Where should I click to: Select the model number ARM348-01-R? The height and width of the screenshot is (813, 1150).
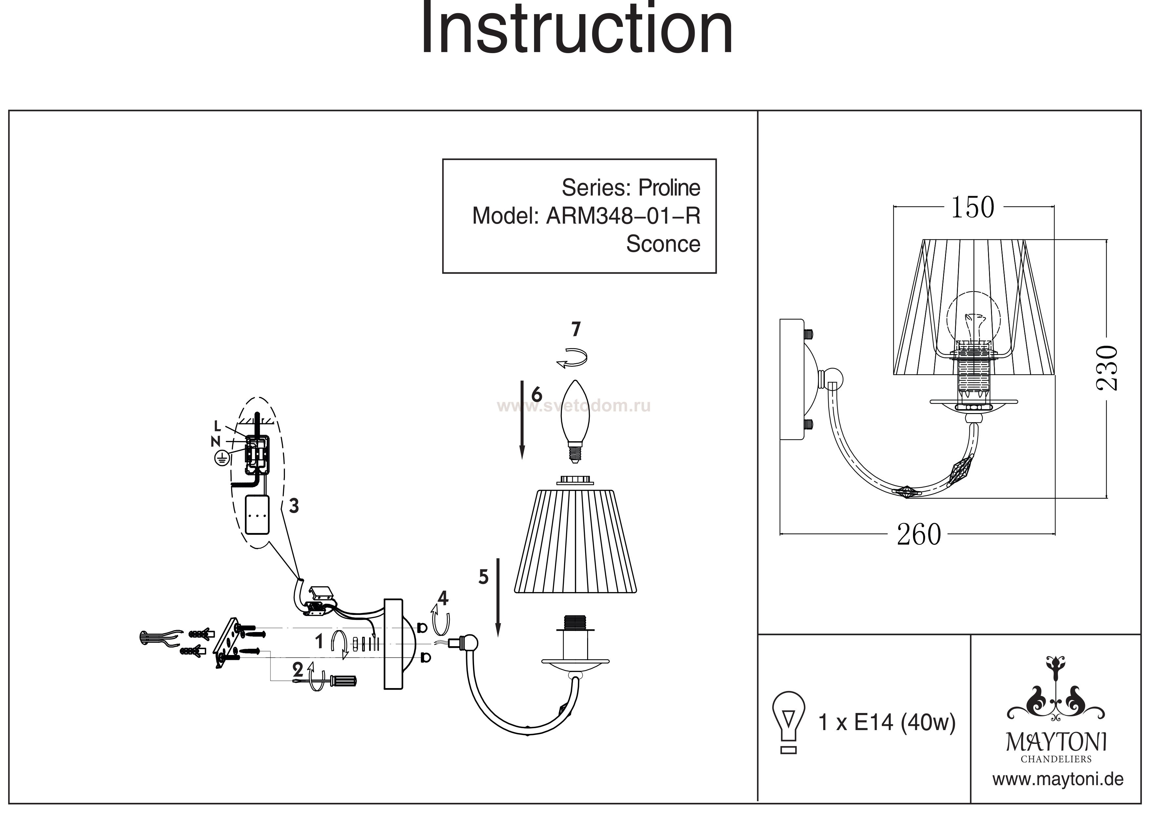tap(623, 216)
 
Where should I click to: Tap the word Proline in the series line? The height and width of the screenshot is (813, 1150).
tap(669, 188)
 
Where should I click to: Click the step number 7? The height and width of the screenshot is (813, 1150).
tap(576, 329)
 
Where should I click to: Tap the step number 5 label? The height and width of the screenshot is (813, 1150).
tap(483, 577)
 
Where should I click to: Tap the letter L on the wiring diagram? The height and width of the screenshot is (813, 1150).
tap(217, 426)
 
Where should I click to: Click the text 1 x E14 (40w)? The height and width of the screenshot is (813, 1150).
tap(886, 722)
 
